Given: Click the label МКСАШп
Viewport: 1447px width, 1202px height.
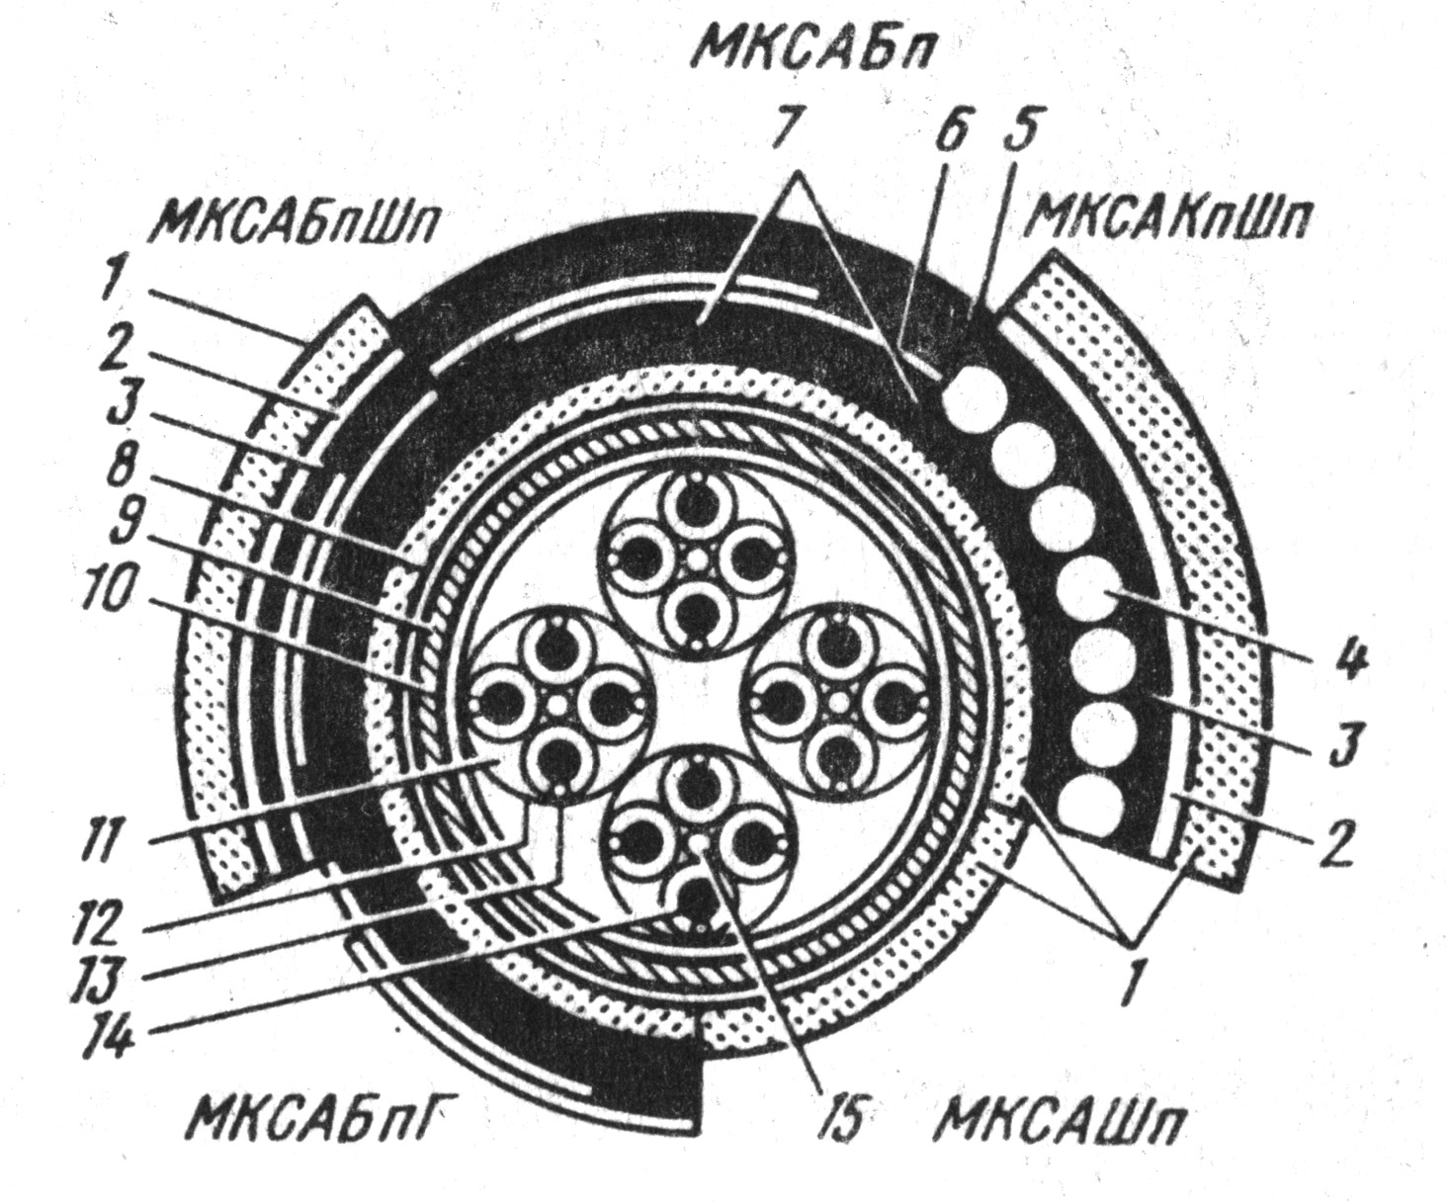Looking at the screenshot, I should tap(1060, 1123).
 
